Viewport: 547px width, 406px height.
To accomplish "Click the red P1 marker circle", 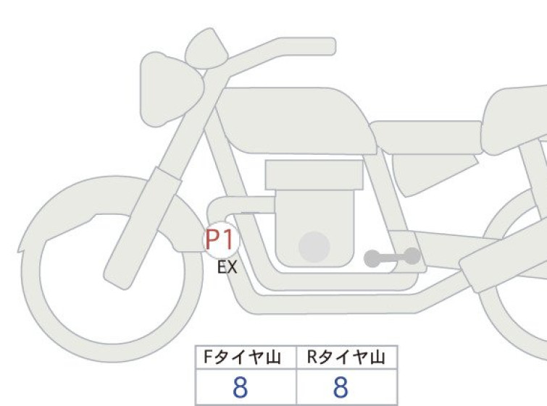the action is pyautogui.click(x=221, y=240).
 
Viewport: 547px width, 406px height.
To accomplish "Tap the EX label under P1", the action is pyautogui.click(x=227, y=267).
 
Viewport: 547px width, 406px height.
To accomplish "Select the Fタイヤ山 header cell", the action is pyautogui.click(x=246, y=358).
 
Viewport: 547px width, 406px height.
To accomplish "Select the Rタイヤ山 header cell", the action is pyautogui.click(x=347, y=358).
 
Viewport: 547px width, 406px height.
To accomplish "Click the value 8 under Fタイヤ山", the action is pyautogui.click(x=240, y=387).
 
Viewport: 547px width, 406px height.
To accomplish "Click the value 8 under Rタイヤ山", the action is pyautogui.click(x=341, y=387).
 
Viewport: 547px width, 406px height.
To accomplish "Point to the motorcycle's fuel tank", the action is pyautogui.click(x=296, y=120).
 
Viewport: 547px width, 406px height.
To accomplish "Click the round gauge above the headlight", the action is pyautogui.click(x=206, y=48).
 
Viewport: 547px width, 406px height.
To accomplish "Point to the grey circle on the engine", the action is pyautogui.click(x=314, y=247).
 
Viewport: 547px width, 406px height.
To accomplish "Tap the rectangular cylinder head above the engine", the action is pyautogui.click(x=314, y=175).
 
